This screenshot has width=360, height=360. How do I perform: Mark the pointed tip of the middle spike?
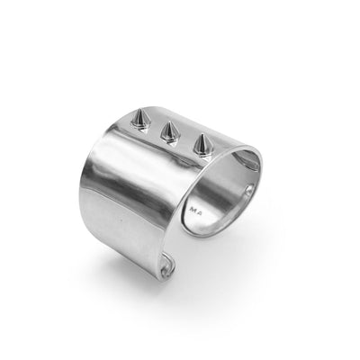167,122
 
